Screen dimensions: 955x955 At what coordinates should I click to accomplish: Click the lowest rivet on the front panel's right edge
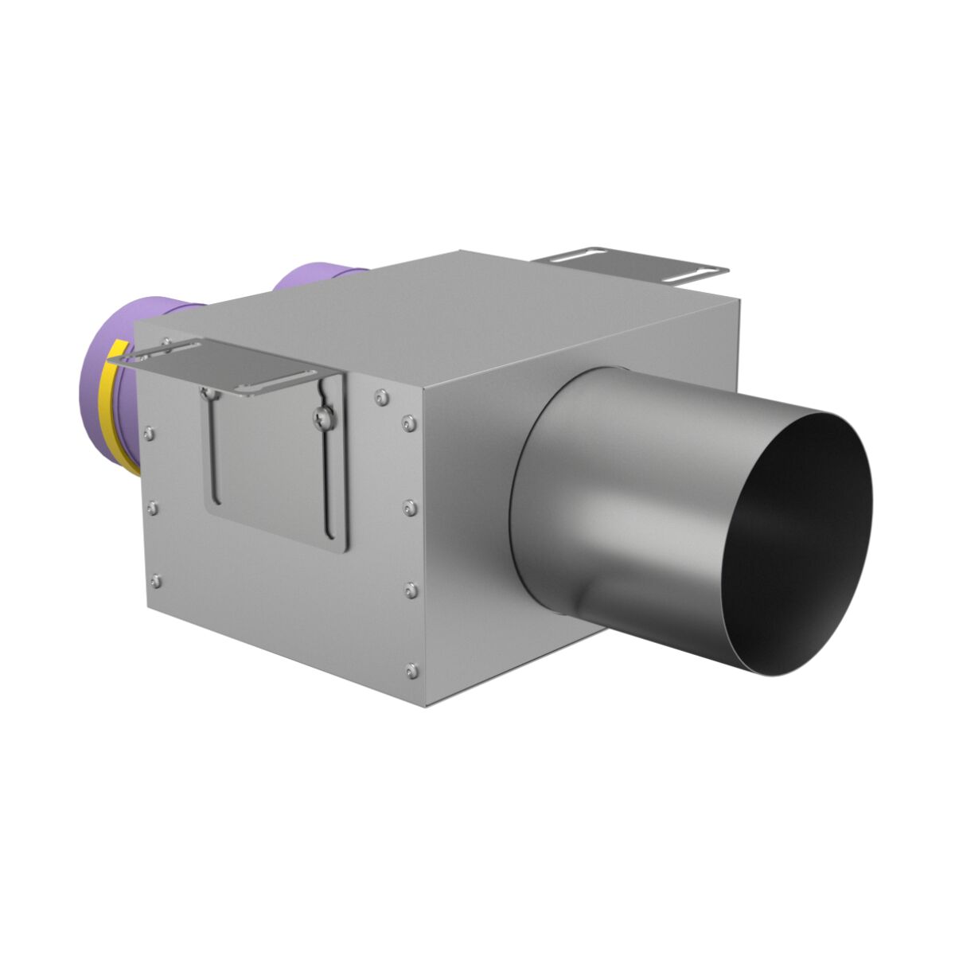(x=411, y=670)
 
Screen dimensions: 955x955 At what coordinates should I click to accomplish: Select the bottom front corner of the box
(x=425, y=705)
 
